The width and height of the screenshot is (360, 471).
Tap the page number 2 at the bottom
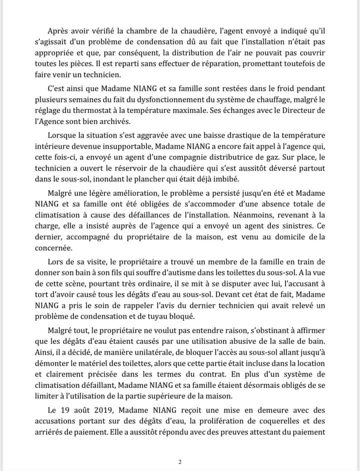(179, 461)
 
